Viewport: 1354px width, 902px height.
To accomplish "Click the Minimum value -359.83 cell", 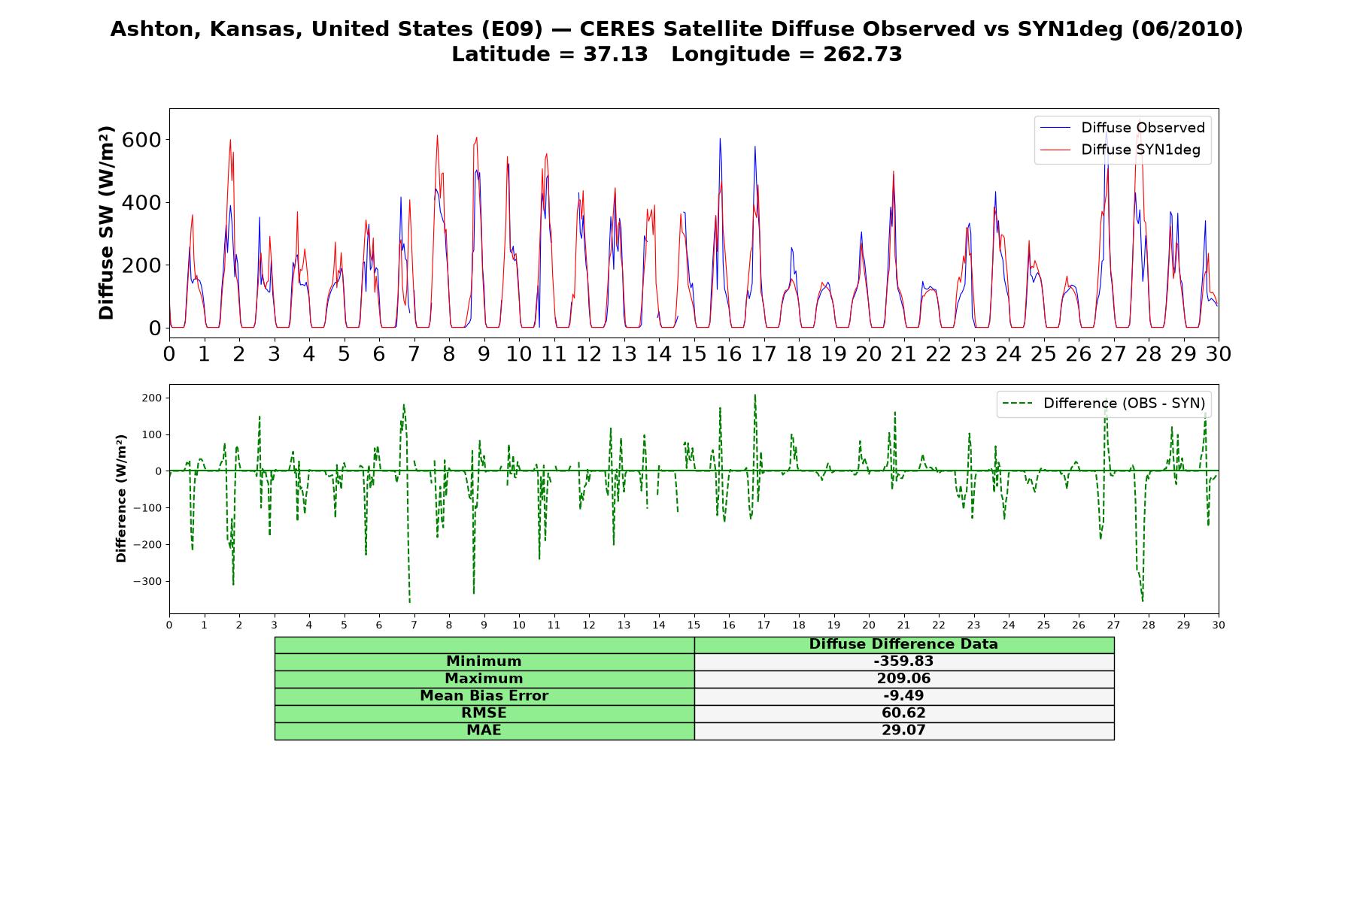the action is tap(903, 661).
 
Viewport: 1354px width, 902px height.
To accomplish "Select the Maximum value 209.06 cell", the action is tap(903, 679).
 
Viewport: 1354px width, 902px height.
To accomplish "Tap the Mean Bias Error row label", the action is tap(484, 696).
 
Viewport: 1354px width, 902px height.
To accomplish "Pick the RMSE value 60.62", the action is tap(903, 713).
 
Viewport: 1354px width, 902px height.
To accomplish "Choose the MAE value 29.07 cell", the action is tap(903, 731).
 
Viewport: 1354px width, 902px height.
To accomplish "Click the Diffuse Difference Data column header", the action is tap(903, 644).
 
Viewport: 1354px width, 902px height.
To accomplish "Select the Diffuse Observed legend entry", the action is tap(1122, 128).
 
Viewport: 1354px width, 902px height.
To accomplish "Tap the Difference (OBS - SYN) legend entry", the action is tap(1104, 404).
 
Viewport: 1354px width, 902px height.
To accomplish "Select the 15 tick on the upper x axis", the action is tap(694, 353).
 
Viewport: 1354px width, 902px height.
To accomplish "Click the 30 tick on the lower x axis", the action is tap(1218, 625).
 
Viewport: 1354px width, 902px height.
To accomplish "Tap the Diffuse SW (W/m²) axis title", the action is tap(107, 222).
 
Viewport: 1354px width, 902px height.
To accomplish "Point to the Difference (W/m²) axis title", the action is tap(122, 498).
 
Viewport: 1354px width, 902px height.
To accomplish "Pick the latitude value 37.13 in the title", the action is tap(615, 55).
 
